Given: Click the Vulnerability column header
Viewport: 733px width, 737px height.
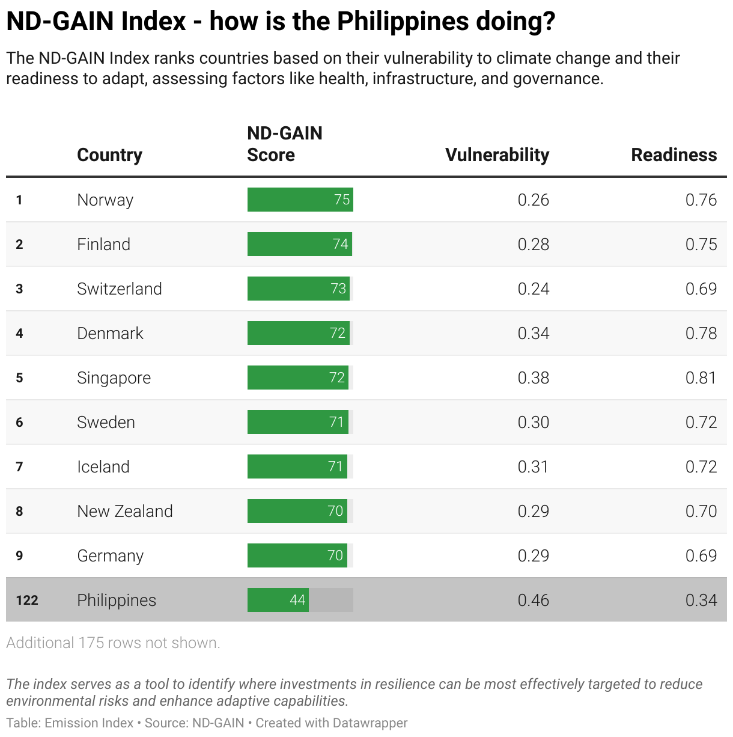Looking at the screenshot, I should point(497,154).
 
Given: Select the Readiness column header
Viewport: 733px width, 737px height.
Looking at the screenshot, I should point(674,154).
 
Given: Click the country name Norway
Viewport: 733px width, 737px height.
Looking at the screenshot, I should point(105,200).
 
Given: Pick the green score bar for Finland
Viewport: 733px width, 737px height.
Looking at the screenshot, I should point(299,244).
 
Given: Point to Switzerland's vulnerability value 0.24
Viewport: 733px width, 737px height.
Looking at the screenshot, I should point(533,289).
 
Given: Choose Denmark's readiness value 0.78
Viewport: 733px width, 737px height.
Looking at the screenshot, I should point(701,333).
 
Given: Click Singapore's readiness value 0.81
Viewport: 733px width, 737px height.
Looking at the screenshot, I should point(701,378).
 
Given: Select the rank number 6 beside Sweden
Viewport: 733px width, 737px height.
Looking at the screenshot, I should point(19,422).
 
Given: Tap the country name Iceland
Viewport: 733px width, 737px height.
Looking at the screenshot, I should point(103,466).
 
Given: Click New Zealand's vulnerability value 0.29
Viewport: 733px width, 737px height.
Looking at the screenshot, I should point(533,511).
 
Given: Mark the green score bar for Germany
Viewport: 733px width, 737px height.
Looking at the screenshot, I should point(297,555).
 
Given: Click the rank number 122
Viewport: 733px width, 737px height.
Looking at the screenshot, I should point(27,600).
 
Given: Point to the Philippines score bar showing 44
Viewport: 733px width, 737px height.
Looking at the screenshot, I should point(278,600).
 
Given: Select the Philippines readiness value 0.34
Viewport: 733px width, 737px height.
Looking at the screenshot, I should point(701,600).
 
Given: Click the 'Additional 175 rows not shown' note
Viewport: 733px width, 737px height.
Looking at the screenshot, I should point(113,643).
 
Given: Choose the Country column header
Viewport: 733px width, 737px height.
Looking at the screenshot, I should point(109,154).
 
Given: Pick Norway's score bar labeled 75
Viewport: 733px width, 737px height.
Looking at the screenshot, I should point(300,200).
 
